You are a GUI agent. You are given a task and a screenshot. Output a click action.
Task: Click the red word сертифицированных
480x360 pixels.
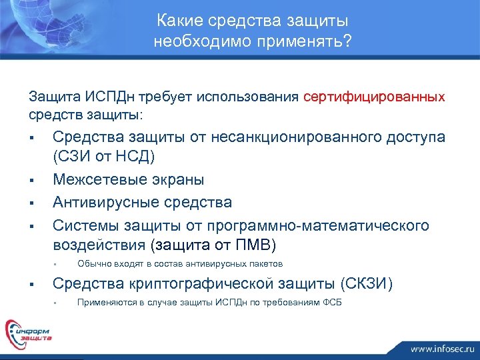[374, 97]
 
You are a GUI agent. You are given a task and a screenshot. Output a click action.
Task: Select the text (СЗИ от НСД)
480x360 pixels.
[103, 157]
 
